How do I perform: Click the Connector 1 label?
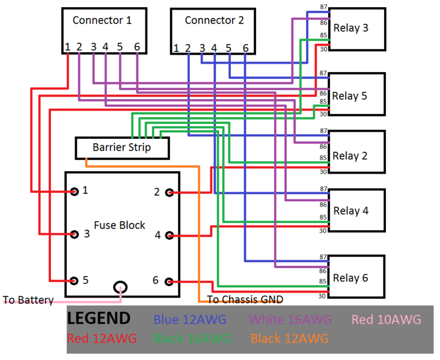point(102,20)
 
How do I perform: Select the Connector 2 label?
point(214,20)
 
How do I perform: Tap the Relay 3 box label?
point(350,28)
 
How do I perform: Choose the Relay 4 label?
point(350,211)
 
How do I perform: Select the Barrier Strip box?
point(121,147)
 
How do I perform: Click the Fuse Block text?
point(120,225)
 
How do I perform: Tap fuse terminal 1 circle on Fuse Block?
point(75,192)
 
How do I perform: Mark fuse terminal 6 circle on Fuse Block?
point(170,281)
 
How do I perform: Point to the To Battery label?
point(28,299)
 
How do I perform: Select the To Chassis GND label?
point(245,299)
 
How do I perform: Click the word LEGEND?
point(98,319)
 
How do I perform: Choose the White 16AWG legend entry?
point(290,320)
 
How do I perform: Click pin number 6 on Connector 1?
point(137,46)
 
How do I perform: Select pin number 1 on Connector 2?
point(176,48)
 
